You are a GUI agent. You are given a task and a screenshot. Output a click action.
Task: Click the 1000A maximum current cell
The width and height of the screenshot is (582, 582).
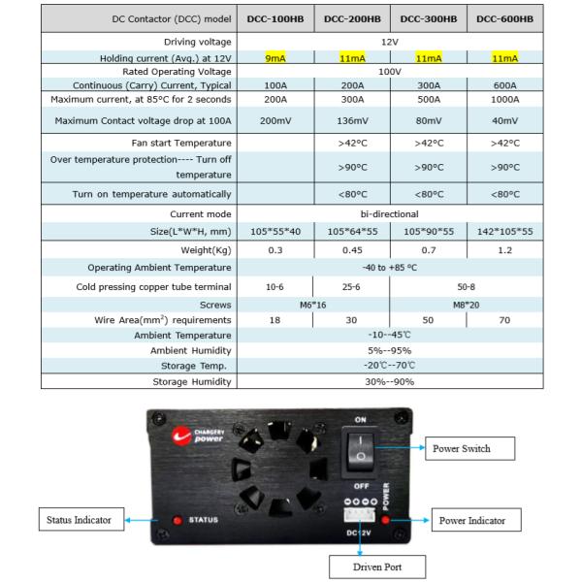tap(504, 100)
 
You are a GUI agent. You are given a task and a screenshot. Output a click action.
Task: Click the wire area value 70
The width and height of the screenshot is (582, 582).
tap(504, 319)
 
